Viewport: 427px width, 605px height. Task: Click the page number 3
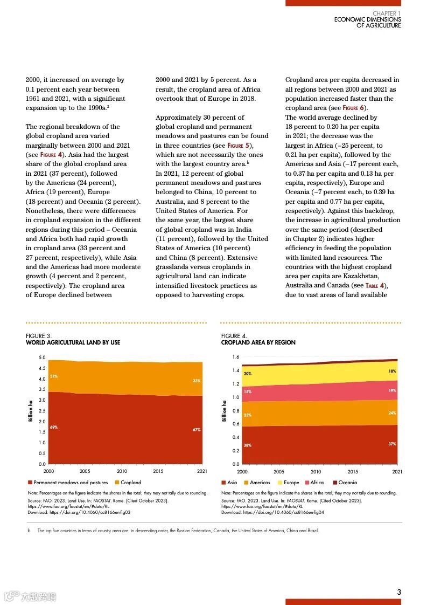[399, 592]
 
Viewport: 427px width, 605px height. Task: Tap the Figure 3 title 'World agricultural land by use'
[73, 342]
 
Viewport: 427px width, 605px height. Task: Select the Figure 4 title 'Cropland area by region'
[258, 342]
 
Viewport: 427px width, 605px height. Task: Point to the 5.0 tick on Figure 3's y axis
[42, 357]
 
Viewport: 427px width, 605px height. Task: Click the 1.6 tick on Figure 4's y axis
[236, 357]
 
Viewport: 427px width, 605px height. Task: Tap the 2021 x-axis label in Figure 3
[202, 471]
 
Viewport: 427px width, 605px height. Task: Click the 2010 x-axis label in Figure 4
[316, 471]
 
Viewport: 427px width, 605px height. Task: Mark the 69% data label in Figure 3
[53, 427]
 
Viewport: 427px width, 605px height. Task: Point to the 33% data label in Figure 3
[197, 381]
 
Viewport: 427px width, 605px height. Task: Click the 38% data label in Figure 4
[247, 445]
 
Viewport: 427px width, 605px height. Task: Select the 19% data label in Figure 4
[392, 390]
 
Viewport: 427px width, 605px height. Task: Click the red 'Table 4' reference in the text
[375, 286]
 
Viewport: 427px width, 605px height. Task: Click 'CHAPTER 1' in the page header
[387, 13]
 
